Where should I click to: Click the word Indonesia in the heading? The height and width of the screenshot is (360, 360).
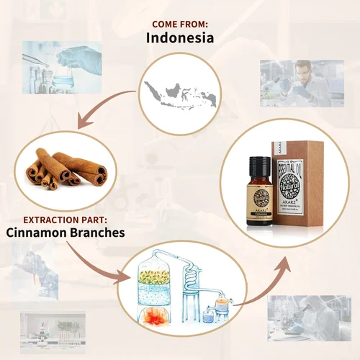point(179,38)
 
